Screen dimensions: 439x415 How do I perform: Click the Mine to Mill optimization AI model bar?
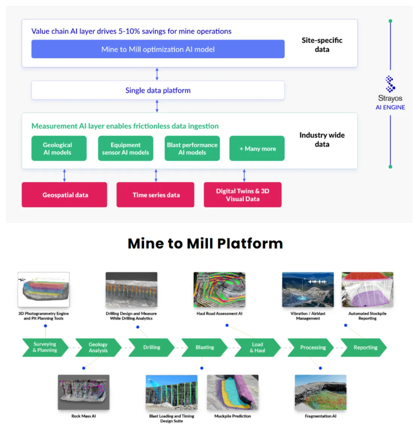(158, 49)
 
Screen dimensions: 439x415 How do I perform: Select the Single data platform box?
(158, 91)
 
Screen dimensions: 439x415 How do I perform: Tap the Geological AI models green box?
(58, 148)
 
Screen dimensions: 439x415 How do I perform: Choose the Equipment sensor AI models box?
(126, 148)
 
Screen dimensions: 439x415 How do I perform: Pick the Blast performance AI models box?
(192, 148)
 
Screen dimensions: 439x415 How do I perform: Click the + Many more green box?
(256, 148)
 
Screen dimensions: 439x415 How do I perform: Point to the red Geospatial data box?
(64, 195)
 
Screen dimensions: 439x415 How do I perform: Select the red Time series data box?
(156, 195)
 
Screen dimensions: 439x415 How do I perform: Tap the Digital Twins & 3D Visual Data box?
(243, 195)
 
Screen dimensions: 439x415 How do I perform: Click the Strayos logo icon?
(390, 83)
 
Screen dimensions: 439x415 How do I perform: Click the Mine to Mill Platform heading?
(205, 244)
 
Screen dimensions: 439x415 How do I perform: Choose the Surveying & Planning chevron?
(44, 347)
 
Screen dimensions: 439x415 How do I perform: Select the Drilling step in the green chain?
(151, 347)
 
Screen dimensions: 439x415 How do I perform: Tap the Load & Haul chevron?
(257, 347)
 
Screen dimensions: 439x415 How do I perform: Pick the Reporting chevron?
(365, 347)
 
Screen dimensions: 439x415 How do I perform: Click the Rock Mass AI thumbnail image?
(83, 392)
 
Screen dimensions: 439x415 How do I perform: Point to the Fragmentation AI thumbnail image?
(320, 392)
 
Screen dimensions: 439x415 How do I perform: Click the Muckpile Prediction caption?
(232, 416)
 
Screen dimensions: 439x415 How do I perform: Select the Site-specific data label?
(322, 45)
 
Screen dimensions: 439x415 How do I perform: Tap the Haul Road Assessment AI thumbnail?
(219, 289)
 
